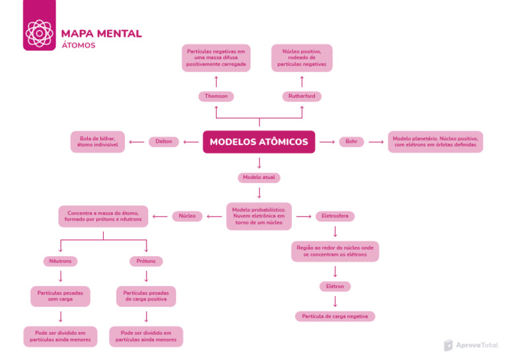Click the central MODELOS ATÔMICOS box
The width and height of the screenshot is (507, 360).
click(x=259, y=142)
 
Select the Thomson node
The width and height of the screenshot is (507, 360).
click(x=216, y=96)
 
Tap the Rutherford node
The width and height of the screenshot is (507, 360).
click(x=302, y=96)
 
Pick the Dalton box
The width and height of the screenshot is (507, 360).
click(x=164, y=141)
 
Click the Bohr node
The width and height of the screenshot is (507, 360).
click(x=351, y=141)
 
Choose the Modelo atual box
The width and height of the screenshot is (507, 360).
click(x=259, y=178)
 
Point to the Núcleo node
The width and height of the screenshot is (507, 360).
click(x=187, y=216)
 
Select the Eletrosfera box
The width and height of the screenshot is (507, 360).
click(x=335, y=216)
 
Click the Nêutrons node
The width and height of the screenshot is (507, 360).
click(x=60, y=261)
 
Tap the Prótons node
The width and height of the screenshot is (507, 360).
click(x=146, y=261)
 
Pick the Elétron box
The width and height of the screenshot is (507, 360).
click(x=335, y=286)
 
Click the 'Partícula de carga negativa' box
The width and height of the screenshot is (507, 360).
click(x=335, y=316)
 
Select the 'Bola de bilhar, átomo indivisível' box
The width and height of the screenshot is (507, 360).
click(x=98, y=141)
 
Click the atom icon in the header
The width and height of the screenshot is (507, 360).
click(x=39, y=32)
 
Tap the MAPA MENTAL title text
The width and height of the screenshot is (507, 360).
click(x=101, y=34)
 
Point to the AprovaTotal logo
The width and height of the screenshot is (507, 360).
click(x=471, y=345)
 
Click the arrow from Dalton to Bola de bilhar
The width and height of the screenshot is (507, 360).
click(x=137, y=141)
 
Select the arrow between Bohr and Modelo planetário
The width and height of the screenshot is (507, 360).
click(x=376, y=141)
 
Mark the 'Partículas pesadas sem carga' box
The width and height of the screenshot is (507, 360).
click(x=60, y=296)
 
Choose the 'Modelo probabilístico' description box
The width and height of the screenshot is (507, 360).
click(x=259, y=216)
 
